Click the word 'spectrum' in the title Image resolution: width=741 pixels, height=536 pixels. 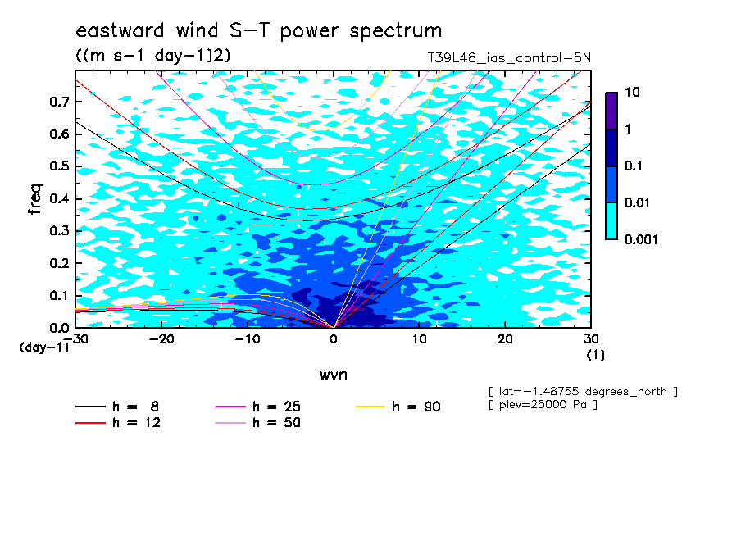tap(396, 31)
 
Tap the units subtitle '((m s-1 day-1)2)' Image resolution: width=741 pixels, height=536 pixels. tap(153, 55)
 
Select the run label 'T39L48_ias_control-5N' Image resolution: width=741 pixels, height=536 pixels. tap(509, 57)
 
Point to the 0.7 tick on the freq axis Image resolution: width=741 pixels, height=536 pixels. tap(60, 102)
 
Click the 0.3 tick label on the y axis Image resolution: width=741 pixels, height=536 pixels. tap(60, 230)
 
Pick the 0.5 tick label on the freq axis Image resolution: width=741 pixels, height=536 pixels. tap(60, 166)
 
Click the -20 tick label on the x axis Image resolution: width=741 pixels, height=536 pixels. tap(161, 339)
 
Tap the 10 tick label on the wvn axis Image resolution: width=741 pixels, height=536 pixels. tap(419, 339)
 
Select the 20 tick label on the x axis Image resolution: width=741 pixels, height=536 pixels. tap(505, 339)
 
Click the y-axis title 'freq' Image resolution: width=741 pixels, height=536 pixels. tap(35, 199)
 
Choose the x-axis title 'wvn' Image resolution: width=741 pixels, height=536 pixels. tap(333, 375)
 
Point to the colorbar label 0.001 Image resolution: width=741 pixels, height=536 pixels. tap(641, 239)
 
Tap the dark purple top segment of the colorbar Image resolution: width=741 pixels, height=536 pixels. tap(611, 111)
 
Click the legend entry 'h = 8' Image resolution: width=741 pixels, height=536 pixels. tap(116, 407)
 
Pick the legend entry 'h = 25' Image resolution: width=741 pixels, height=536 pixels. tap(257, 407)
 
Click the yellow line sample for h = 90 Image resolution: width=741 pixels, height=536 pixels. tap(370, 407)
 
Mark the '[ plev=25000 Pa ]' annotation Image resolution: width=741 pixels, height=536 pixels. tap(543, 405)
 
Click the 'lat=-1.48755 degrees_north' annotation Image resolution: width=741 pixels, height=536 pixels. tap(583, 392)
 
